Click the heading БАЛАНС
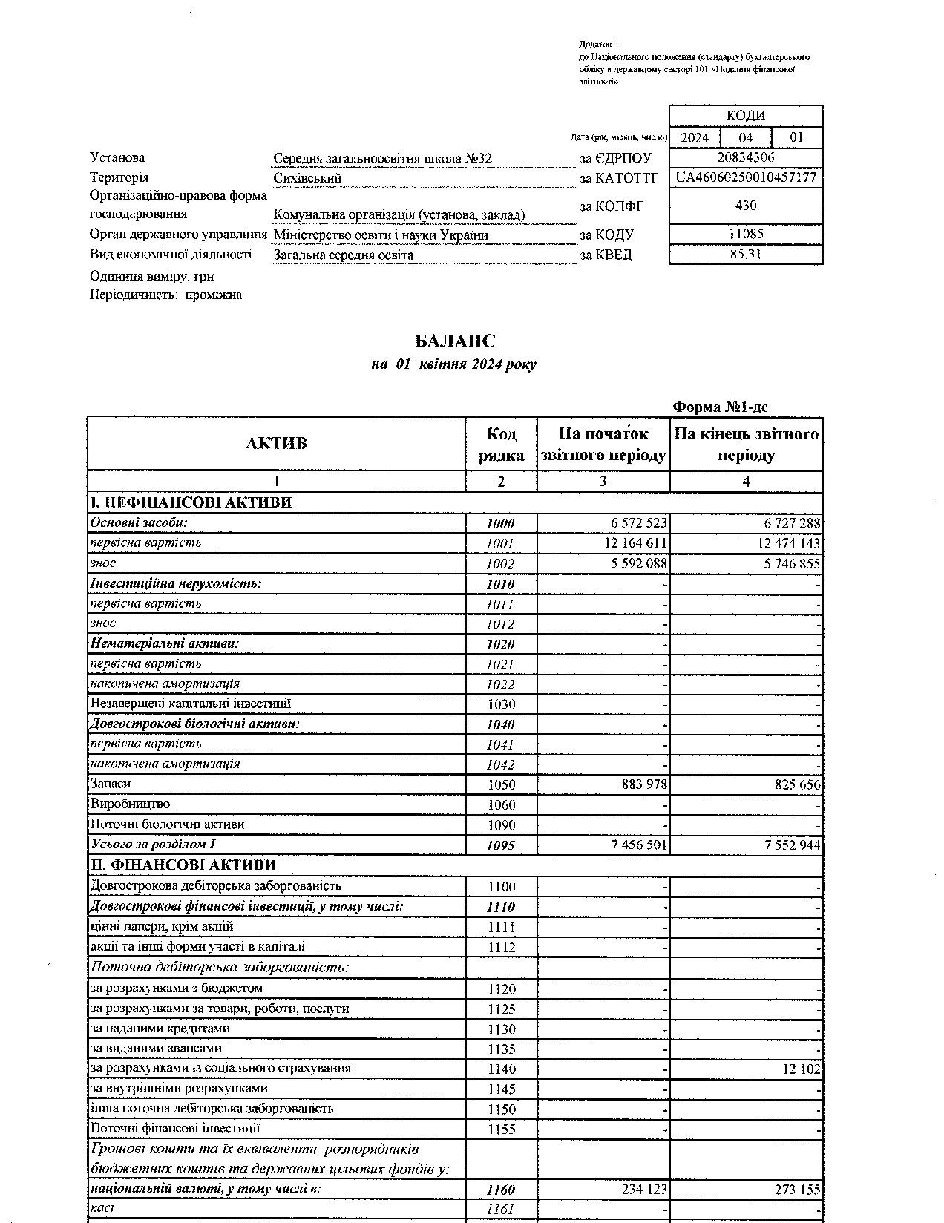click(455, 341)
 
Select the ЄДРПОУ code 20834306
click(746, 157)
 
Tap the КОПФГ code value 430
click(746, 206)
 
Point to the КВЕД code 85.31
click(746, 254)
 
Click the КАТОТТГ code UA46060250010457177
click(746, 178)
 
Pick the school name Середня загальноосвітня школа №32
click(382, 159)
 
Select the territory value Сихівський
click(307, 179)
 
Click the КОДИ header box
click(746, 116)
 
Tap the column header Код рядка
click(501, 444)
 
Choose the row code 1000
click(501, 524)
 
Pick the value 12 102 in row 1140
click(801, 1069)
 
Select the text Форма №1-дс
click(720, 407)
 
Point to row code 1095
click(501, 845)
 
